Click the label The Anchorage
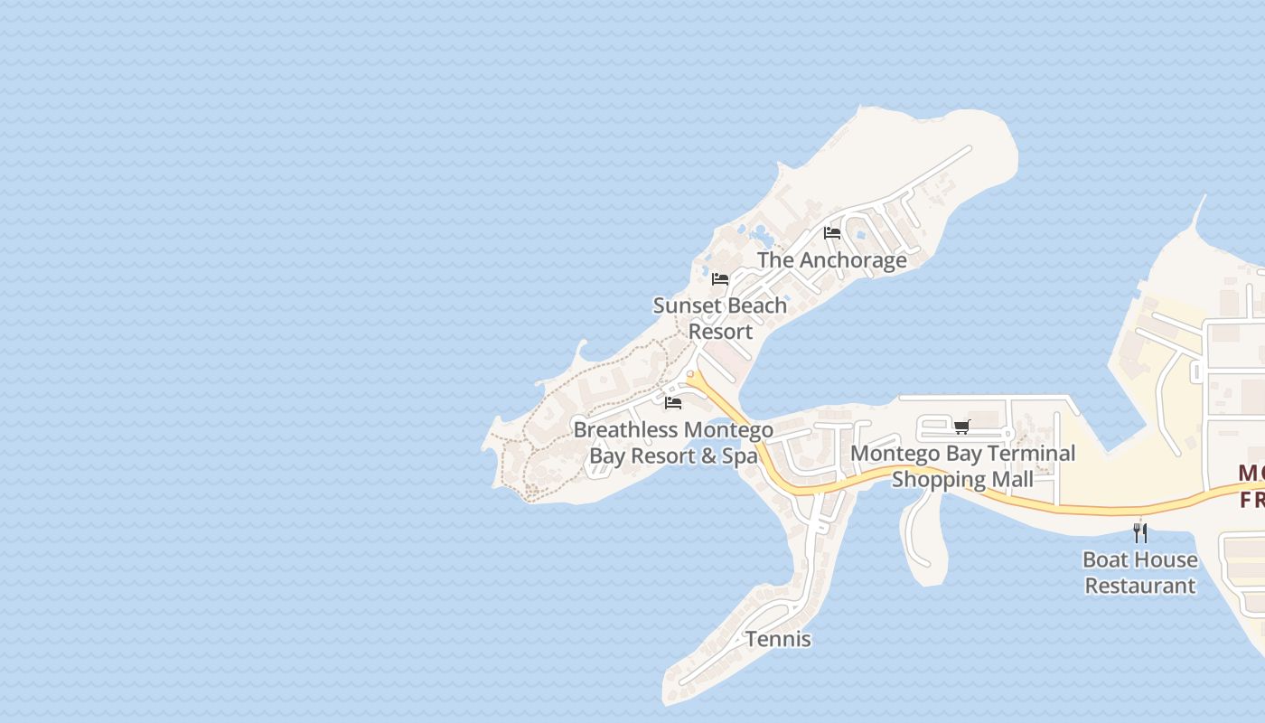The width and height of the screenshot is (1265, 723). tap(831, 260)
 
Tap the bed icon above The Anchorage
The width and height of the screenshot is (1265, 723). tap(832, 233)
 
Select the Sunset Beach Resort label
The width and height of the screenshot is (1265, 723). tap(720, 318)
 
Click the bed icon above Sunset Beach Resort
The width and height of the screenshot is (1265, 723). tap(720, 278)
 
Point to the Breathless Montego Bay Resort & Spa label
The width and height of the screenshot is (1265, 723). tap(673, 443)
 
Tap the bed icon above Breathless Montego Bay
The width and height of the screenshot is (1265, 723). tap(672, 402)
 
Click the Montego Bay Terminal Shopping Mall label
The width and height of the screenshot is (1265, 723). tap(963, 465)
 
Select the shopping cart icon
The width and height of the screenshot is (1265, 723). tap(961, 427)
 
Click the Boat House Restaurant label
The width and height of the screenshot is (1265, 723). tap(1140, 572)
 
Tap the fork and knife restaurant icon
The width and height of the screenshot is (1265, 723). tap(1140, 532)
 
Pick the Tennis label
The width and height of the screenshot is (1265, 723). tap(778, 640)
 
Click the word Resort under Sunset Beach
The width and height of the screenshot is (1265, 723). tap(720, 332)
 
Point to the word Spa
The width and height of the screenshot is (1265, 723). tap(739, 455)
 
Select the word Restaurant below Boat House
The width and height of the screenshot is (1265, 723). tap(1140, 586)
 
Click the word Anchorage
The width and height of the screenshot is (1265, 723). tap(853, 260)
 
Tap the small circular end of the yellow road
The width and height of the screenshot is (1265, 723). tap(690, 374)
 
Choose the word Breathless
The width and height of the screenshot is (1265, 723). tap(626, 430)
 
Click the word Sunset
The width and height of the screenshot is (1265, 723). tap(683, 305)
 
